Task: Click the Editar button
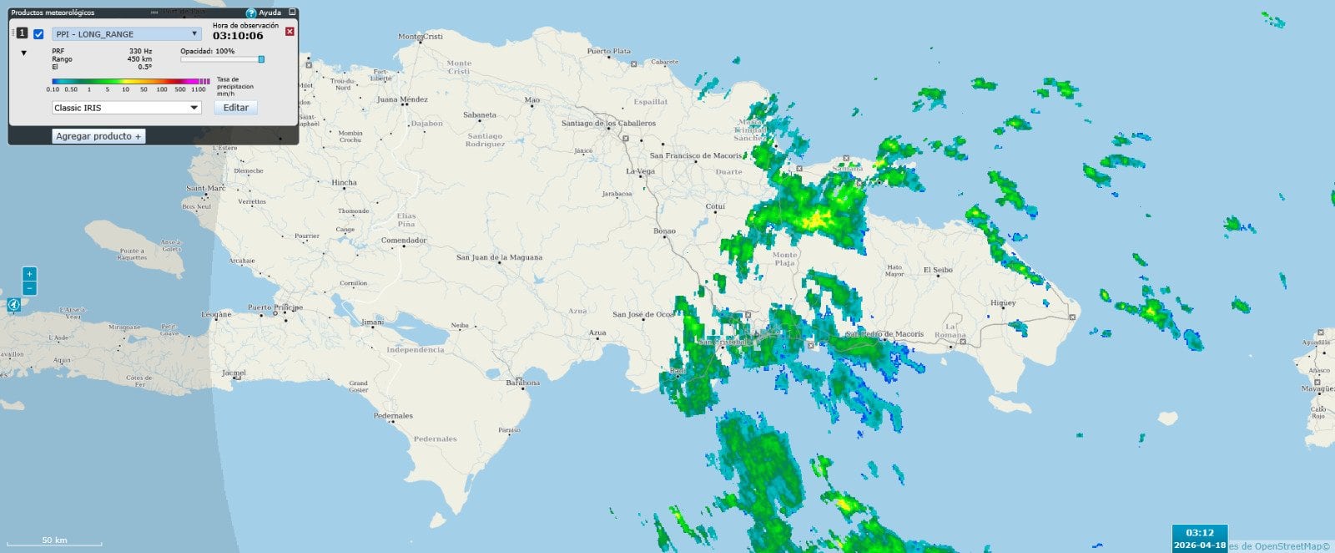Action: (x=236, y=108)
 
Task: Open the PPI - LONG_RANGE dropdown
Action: (x=126, y=34)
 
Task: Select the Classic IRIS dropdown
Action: (x=126, y=108)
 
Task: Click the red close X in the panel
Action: (x=290, y=32)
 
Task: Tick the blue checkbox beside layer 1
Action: (x=38, y=34)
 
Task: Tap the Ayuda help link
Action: (x=264, y=13)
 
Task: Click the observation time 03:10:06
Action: (x=238, y=36)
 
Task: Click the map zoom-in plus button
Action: (x=30, y=274)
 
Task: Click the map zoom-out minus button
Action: (x=30, y=288)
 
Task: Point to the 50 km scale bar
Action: (x=54, y=541)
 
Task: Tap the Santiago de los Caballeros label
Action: (x=608, y=124)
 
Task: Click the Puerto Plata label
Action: (x=609, y=51)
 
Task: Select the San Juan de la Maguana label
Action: (x=499, y=257)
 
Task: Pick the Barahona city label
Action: (x=523, y=383)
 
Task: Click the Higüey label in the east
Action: (x=1003, y=302)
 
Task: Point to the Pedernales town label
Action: (x=393, y=415)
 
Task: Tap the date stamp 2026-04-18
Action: (x=1200, y=545)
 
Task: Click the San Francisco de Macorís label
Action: (x=696, y=155)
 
